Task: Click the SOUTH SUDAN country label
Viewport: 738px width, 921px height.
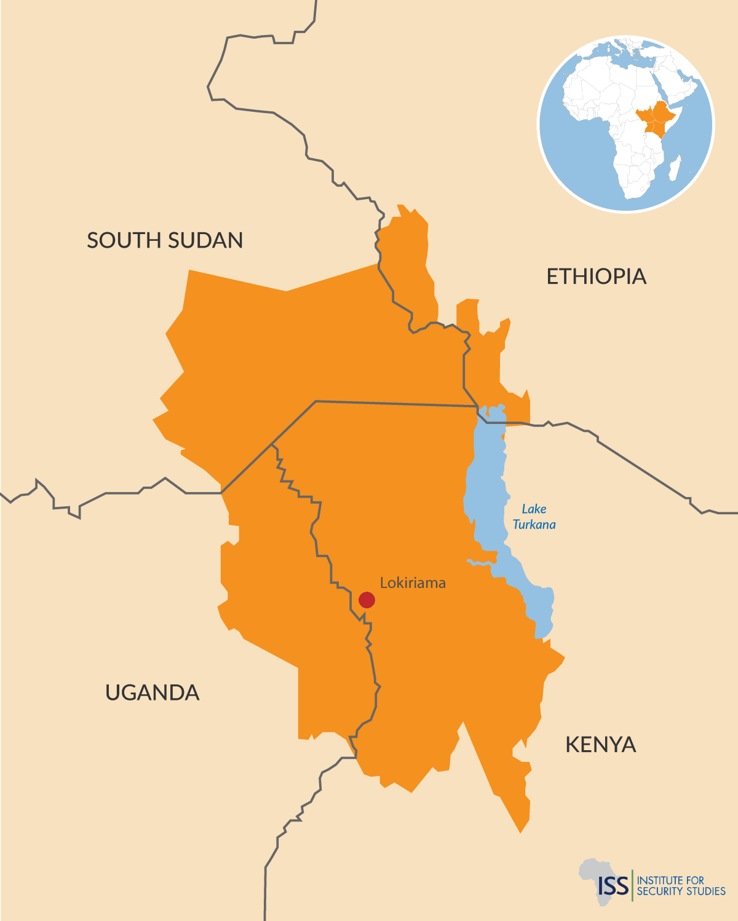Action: (x=165, y=240)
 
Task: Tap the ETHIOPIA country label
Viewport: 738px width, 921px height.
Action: (x=596, y=276)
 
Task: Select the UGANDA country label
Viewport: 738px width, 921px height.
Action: (x=152, y=692)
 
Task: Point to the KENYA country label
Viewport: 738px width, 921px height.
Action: (x=600, y=745)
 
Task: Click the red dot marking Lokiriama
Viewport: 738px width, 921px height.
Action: (x=367, y=600)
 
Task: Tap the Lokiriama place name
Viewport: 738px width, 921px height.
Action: (x=413, y=582)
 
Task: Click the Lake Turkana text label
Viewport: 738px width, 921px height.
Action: (x=534, y=517)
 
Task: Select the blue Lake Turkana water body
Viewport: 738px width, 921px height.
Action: (x=486, y=492)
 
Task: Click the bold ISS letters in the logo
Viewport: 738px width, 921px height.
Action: (x=613, y=885)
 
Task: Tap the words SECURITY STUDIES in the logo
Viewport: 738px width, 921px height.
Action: (x=681, y=892)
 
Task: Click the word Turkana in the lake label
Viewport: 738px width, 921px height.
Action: (x=534, y=525)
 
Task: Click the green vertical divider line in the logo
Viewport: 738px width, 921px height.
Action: (x=632, y=885)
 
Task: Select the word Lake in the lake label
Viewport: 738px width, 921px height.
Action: (x=534, y=509)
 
